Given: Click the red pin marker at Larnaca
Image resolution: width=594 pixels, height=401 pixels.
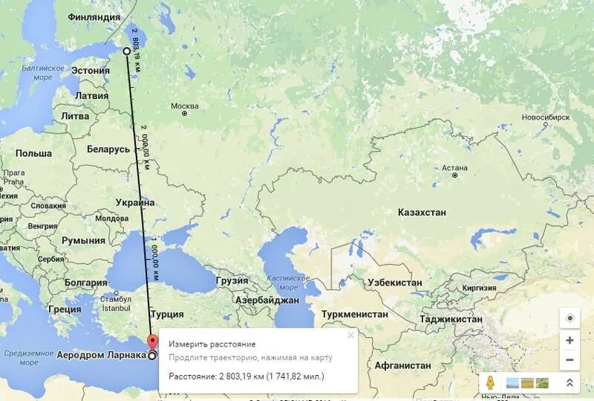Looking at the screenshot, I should tap(153, 343).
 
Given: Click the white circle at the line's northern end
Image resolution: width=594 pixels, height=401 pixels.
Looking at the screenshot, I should tap(126, 51).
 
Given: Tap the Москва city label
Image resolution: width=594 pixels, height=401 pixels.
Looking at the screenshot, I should tap(185, 106).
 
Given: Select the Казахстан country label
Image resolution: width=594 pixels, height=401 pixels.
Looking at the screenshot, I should tap(422, 212).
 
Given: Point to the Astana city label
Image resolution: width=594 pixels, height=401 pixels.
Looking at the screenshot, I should tap(454, 167).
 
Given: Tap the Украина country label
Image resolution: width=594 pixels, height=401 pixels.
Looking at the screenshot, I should tap(135, 202).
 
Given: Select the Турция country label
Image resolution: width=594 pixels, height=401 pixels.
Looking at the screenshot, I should tap(166, 314).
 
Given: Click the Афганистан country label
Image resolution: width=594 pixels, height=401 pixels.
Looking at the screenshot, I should tap(402, 365).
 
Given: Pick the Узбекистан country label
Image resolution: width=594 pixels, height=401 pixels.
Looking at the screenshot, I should tap(394, 282).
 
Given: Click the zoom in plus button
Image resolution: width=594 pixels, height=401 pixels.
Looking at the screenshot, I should tap(569, 340).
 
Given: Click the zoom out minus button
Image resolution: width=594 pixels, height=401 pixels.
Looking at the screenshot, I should tap(569, 360).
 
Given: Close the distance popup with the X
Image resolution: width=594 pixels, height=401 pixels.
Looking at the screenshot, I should tap(350, 336).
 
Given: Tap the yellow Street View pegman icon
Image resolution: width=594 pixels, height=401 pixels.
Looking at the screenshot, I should tap(490, 382).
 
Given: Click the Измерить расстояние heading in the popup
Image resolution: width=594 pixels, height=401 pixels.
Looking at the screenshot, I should tap(212, 344).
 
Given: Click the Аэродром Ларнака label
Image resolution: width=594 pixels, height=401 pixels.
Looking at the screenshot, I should tap(101, 355).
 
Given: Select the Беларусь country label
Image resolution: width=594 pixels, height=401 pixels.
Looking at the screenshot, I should tap(108, 149).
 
